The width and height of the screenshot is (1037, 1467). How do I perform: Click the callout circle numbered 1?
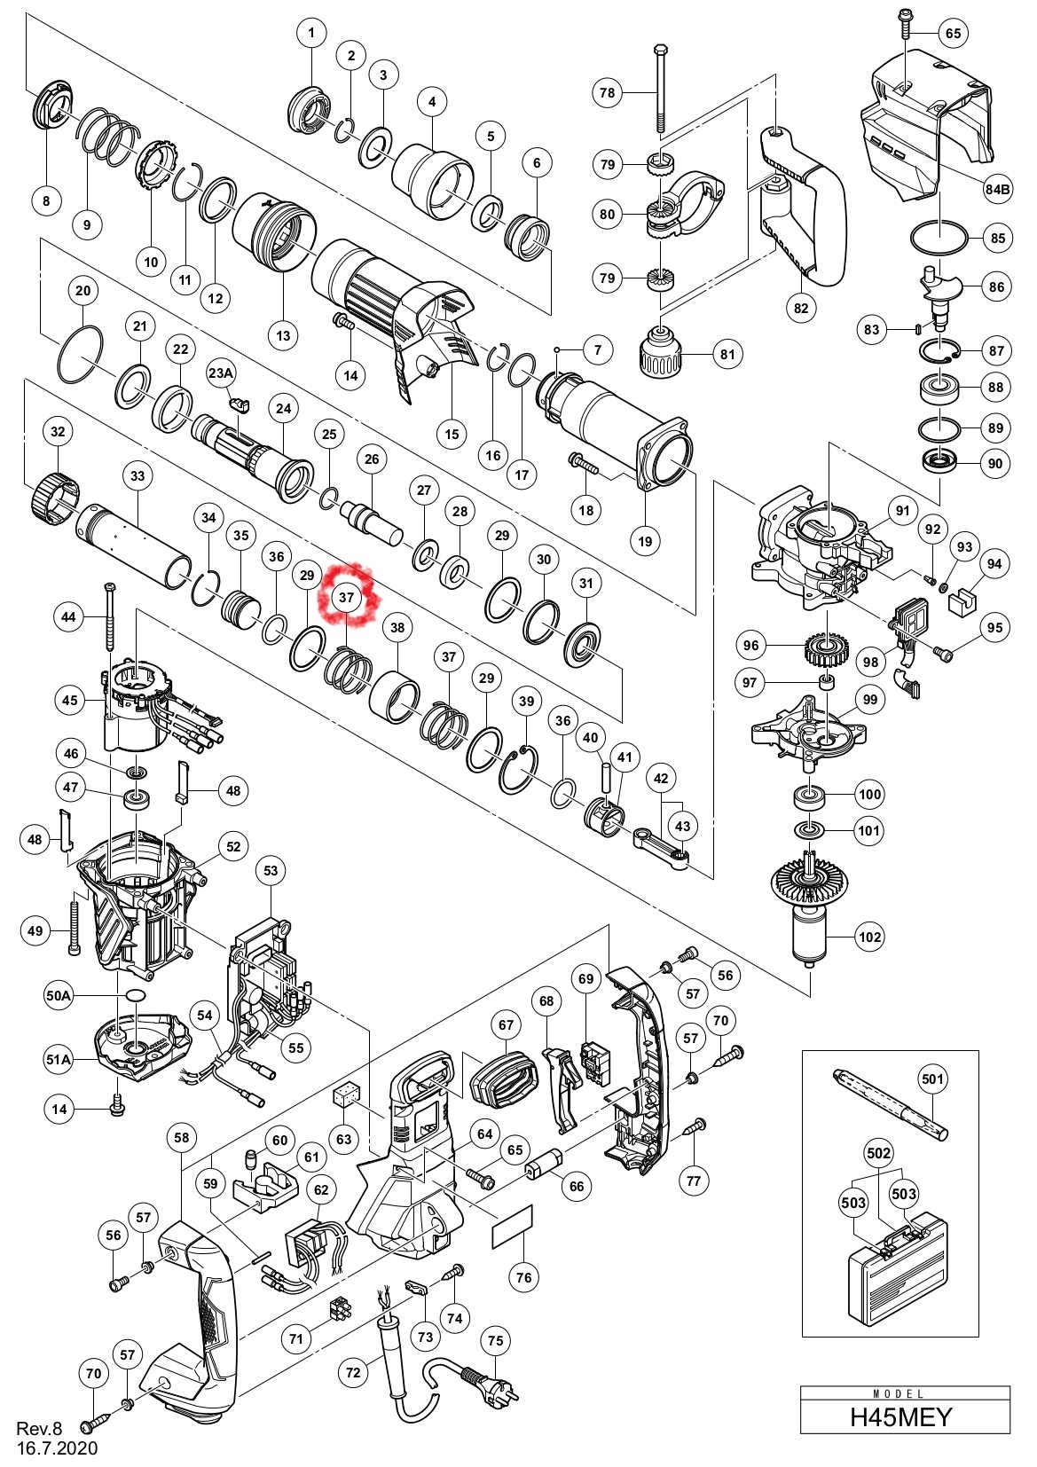311,32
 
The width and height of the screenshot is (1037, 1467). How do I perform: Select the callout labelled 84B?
997,190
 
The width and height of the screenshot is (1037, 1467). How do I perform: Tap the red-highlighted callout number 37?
346,597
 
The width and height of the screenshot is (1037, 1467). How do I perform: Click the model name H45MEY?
900,1434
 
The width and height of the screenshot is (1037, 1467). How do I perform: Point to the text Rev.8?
39,1428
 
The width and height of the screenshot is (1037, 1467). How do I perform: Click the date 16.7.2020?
57,1448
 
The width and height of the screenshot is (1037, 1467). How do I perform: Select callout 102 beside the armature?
870,937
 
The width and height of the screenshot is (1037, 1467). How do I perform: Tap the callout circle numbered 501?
932,1079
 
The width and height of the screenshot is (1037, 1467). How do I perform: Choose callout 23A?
221,373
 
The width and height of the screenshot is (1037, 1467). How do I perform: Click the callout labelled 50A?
59,995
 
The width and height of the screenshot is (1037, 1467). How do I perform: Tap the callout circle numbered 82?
801,308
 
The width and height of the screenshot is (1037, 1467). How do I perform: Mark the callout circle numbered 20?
83,290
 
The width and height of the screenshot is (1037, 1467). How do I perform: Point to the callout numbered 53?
271,870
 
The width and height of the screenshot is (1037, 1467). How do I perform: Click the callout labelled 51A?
59,1058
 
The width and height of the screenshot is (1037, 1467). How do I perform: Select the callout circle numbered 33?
137,475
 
